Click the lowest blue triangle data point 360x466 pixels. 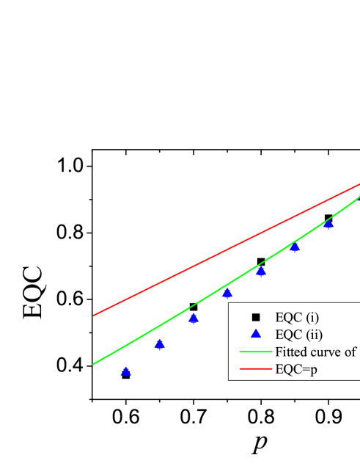(125, 372)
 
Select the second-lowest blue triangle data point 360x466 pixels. (159, 343)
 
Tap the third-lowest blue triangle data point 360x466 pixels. (194, 318)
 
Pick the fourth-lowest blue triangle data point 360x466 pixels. (227, 293)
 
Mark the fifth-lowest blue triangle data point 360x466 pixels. (260, 272)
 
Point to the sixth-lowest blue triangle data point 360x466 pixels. (295, 247)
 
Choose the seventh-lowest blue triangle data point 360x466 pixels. (328, 224)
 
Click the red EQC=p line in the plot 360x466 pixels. (220, 253)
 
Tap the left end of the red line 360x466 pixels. (94, 316)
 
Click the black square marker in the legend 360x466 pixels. (256, 317)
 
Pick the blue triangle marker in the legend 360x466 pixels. (256, 334)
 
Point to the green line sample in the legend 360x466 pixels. (256, 352)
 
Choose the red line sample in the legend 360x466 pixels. (256, 369)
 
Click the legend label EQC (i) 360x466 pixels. (297, 317)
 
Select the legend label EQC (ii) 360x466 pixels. (298, 335)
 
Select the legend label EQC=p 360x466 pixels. (296, 370)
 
